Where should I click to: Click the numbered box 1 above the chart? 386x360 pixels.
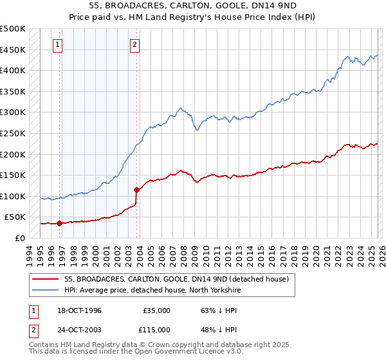[58, 45]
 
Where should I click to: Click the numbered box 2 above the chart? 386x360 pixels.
[135, 45]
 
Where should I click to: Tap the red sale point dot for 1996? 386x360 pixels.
[59, 224]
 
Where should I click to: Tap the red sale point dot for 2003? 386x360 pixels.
[136, 190]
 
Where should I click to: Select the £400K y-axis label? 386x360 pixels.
[13, 70]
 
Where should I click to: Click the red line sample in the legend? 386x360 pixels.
[44, 279]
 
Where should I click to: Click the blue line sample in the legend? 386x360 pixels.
[44, 290]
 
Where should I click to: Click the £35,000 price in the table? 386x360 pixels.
[155, 310]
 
